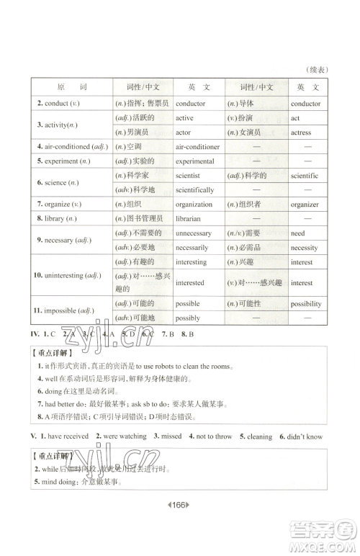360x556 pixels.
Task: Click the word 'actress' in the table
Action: (301, 133)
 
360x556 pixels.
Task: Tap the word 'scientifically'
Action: (194, 190)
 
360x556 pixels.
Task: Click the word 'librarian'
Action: (189, 218)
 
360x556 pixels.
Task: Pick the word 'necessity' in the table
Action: (305, 248)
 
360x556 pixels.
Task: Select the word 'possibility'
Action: (306, 304)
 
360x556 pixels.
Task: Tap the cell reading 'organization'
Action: (195, 204)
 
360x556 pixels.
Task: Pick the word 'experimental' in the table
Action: (195, 161)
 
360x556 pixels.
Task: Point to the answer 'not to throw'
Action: (214, 436)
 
